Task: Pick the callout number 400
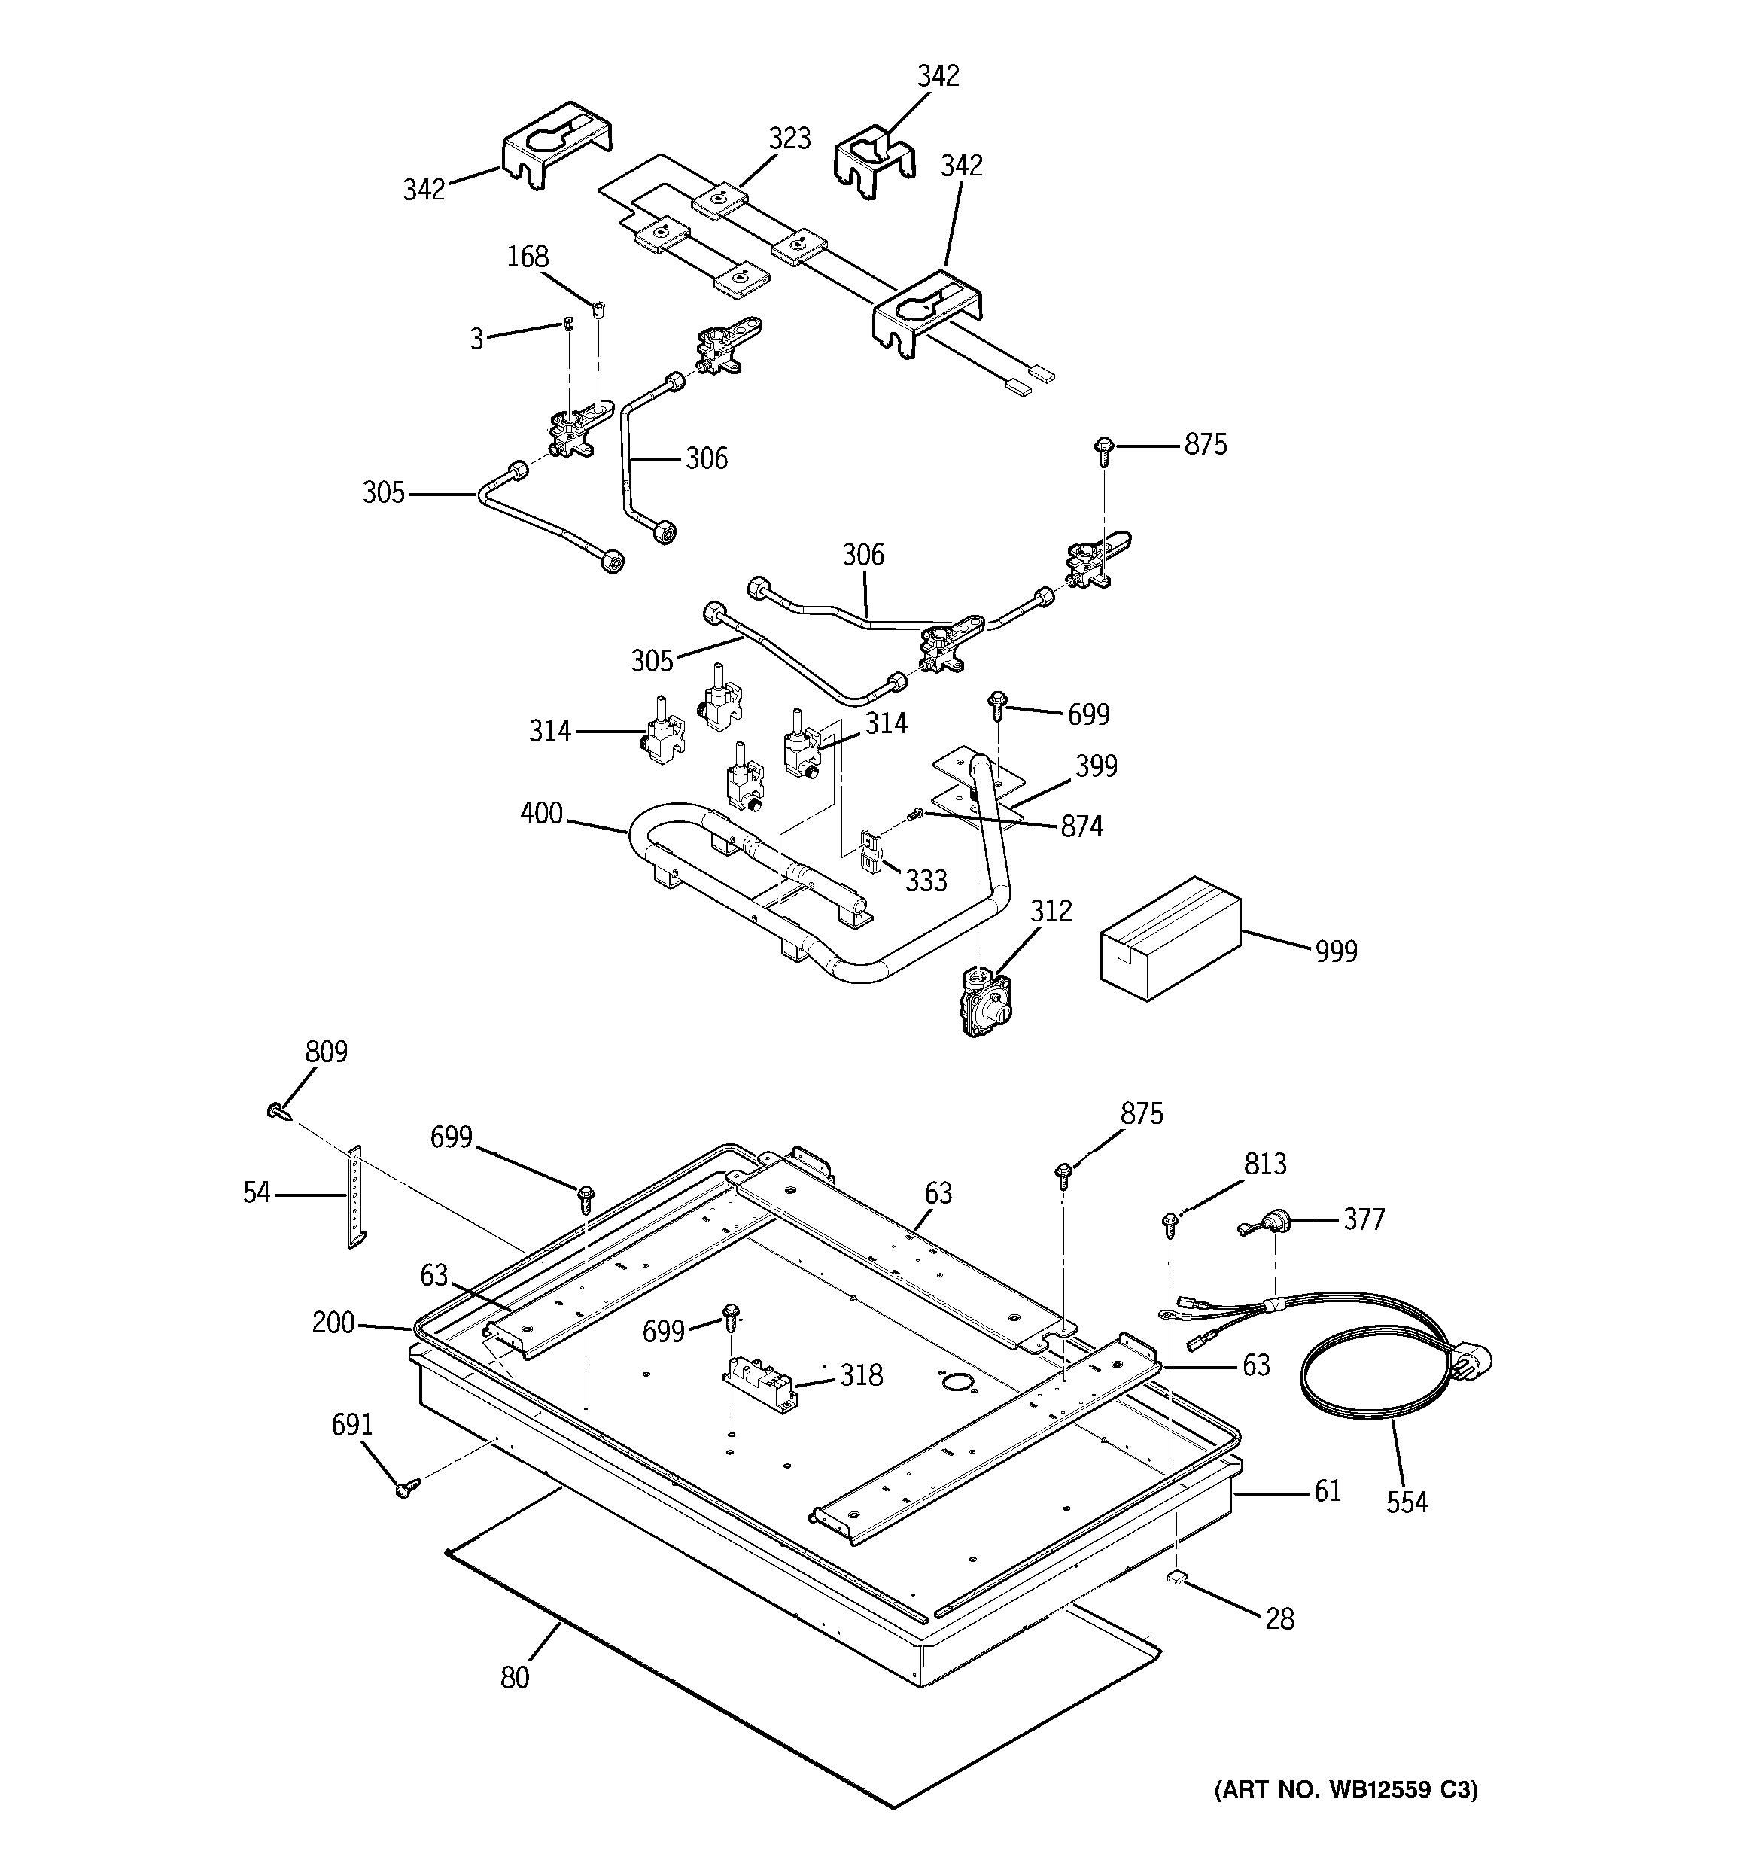click(x=542, y=814)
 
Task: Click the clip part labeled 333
click(x=871, y=853)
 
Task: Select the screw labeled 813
click(x=1170, y=1222)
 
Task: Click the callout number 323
click(x=789, y=139)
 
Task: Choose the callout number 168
click(x=528, y=257)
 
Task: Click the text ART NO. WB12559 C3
click(x=1346, y=1791)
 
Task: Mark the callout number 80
click(x=515, y=1677)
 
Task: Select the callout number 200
click(x=333, y=1323)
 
